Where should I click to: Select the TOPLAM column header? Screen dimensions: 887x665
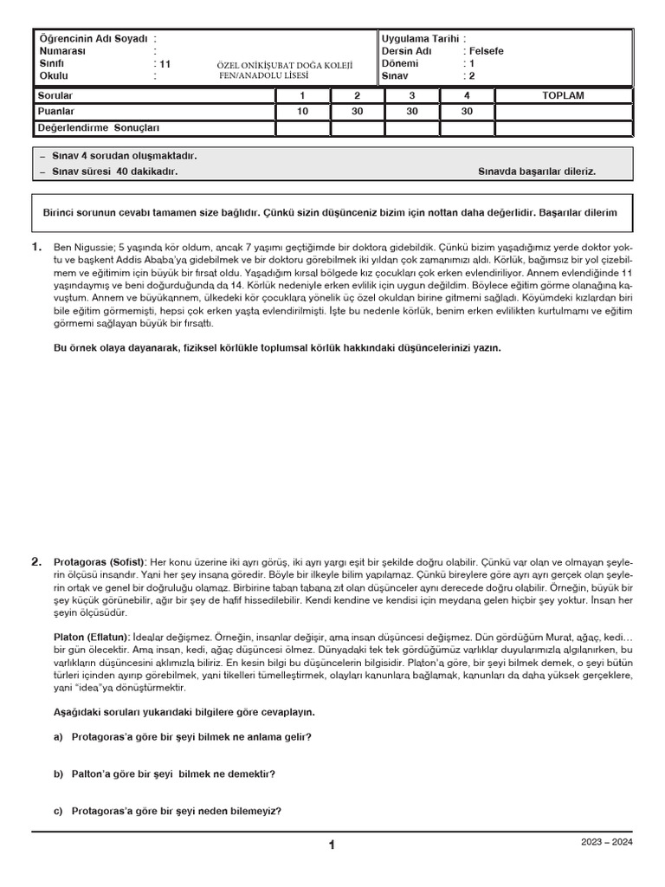click(563, 95)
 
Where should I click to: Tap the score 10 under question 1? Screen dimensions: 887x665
click(302, 112)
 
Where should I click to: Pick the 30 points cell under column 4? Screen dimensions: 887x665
click(467, 112)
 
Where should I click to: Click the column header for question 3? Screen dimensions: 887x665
click(412, 95)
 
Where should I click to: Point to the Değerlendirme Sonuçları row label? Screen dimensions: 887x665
click(99, 128)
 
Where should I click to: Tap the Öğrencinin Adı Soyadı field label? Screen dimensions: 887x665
click(93, 39)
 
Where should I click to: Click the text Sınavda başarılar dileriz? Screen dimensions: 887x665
click(536, 172)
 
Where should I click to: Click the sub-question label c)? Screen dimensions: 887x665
click(59, 811)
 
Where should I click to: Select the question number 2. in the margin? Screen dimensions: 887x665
click(37, 561)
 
